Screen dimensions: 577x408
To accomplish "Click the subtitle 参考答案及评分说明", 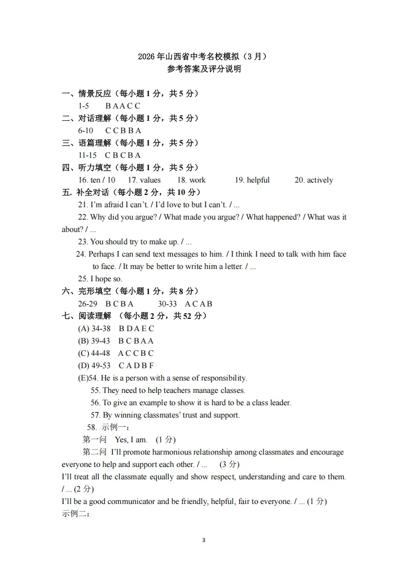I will (204, 69).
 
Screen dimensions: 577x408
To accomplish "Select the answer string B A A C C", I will (123, 106).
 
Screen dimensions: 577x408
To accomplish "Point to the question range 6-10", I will (85, 131).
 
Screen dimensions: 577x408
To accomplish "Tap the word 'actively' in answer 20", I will (320, 180).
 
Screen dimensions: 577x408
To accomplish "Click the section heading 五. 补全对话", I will (85, 192).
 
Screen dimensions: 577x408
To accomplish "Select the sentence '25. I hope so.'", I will (100, 279).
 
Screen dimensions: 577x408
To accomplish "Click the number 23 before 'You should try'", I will (82, 242).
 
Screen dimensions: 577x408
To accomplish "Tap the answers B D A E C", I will (136, 329).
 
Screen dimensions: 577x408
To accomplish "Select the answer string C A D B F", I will (136, 366).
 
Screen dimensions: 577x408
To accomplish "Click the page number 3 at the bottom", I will (204, 540).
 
